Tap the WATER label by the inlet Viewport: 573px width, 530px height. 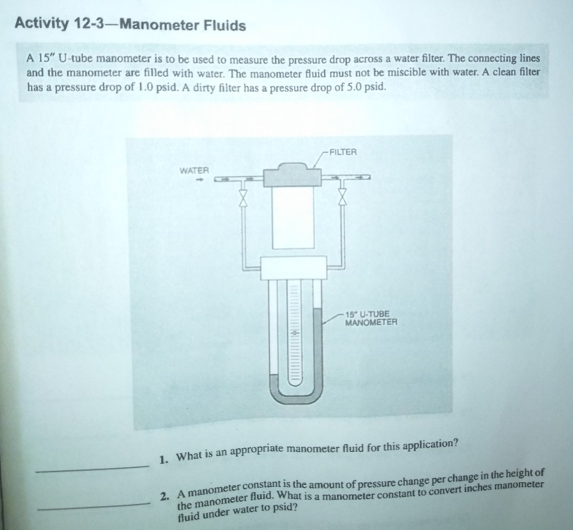(194, 171)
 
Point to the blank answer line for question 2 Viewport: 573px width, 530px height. (92, 506)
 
